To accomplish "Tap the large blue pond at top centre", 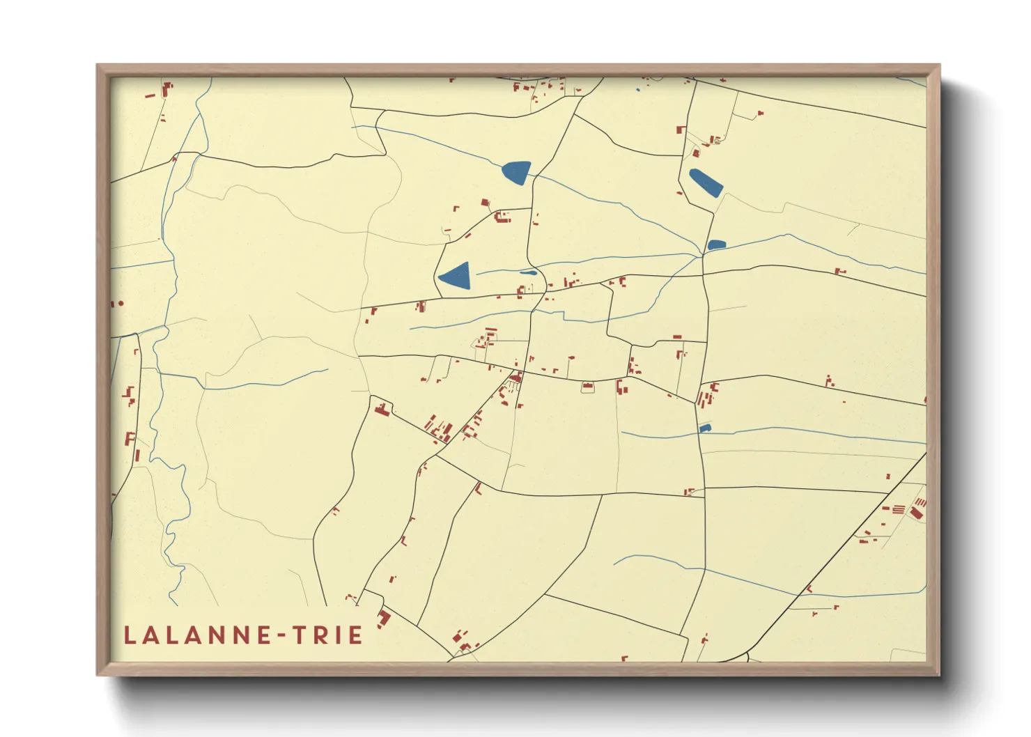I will click(x=517, y=171).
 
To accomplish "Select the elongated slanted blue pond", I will click(x=705, y=183).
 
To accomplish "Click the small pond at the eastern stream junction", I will click(x=716, y=245).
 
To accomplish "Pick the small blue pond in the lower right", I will click(x=705, y=428).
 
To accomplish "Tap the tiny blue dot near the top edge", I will click(x=638, y=90).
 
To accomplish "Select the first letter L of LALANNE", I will click(x=130, y=635).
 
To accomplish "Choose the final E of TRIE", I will click(x=355, y=635).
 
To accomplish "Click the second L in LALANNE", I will click(x=173, y=635).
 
